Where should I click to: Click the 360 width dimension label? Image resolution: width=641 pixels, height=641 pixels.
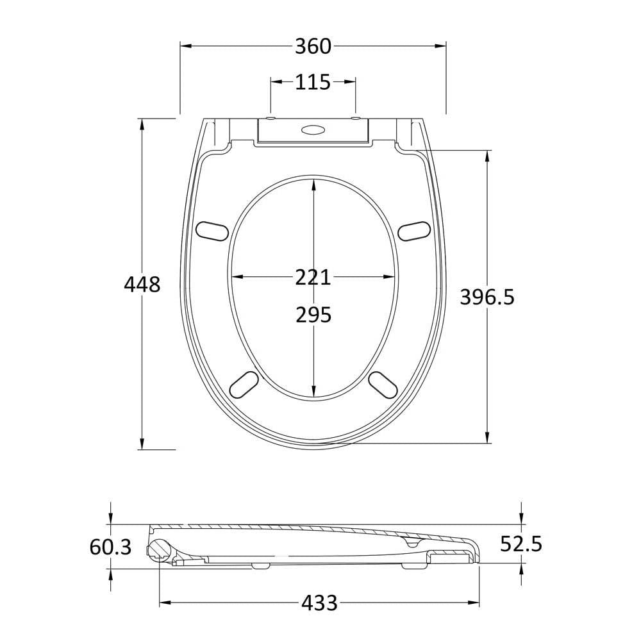313,46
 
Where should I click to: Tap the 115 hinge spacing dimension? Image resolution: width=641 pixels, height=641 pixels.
313,82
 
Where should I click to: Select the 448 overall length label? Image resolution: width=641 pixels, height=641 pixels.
142,284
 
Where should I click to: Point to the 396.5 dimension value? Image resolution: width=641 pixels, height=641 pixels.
487,297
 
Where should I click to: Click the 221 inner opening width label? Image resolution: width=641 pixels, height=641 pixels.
313,278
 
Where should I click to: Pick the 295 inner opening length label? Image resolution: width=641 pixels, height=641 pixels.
313,315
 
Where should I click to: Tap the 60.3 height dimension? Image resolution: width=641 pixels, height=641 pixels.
110,547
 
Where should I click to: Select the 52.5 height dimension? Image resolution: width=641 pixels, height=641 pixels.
521,544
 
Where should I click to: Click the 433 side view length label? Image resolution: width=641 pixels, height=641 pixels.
319,603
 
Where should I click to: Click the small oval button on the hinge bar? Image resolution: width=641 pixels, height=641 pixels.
313,129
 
